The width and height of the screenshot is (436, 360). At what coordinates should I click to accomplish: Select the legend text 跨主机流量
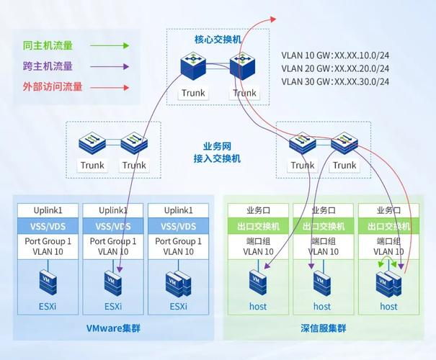pos(48,66)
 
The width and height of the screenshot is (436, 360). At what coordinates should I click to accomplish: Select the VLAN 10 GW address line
pos(336,54)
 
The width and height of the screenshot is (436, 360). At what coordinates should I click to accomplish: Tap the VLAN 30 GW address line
pos(336,81)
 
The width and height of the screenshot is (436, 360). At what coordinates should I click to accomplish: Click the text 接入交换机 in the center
pos(218,158)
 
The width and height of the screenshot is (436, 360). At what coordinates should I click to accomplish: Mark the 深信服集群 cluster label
pos(323,328)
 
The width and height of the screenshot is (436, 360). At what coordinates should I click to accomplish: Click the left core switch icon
pos(194,69)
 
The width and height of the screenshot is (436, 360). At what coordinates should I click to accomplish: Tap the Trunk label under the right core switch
pos(244,93)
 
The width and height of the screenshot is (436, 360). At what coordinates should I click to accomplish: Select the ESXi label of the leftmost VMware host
pos(48,306)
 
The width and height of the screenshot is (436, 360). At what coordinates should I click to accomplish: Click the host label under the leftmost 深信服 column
pos(257,306)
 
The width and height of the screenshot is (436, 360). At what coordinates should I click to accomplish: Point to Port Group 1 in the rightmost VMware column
pos(178,241)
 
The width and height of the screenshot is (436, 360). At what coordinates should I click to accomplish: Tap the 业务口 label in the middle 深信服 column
pos(323,210)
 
